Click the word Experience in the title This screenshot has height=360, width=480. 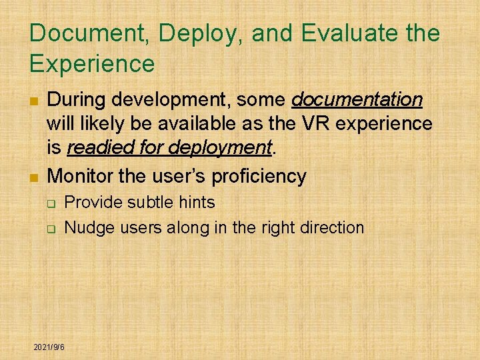[x=91, y=64]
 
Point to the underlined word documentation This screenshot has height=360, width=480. [x=357, y=100]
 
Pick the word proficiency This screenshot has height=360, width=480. [x=259, y=177]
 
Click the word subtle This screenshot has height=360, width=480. [x=153, y=202]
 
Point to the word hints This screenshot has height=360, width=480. [x=197, y=202]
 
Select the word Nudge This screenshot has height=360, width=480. [x=89, y=227]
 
